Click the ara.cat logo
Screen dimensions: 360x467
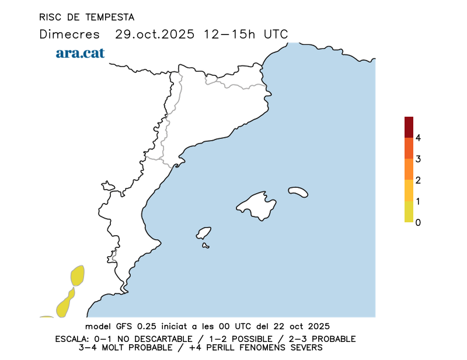coord(80,53)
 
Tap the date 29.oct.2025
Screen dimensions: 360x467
coord(154,34)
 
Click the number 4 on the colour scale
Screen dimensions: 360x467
coord(418,138)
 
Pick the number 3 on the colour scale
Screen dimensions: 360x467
coord(418,159)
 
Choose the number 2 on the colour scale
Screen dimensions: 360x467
coord(418,180)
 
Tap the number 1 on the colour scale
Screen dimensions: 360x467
coord(418,201)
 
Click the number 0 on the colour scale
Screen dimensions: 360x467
coord(418,222)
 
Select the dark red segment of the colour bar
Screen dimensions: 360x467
coord(409,127)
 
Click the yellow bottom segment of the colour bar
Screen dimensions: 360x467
coord(409,212)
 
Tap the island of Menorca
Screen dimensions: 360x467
coord(298,191)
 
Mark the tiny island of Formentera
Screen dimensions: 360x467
coord(205,246)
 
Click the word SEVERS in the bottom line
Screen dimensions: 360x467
coord(305,348)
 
